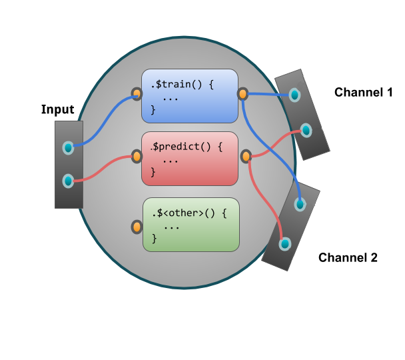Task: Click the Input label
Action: coord(57,109)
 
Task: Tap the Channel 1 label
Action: coord(363,93)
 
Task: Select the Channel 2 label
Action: coord(348,257)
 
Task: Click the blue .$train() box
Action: coord(190,95)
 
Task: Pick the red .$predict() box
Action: coord(190,159)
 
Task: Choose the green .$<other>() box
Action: coord(191,225)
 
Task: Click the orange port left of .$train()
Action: coord(136,94)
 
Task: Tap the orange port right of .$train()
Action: coord(242,93)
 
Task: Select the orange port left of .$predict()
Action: coord(137,157)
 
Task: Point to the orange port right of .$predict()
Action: coord(246,156)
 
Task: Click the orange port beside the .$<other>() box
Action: coord(136,226)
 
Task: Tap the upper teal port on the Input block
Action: coord(67,147)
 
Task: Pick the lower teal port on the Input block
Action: coord(67,180)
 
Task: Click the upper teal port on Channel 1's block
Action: coord(294,95)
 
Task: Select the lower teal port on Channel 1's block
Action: coord(306,129)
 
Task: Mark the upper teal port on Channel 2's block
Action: coord(300,204)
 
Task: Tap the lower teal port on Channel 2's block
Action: coord(284,244)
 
